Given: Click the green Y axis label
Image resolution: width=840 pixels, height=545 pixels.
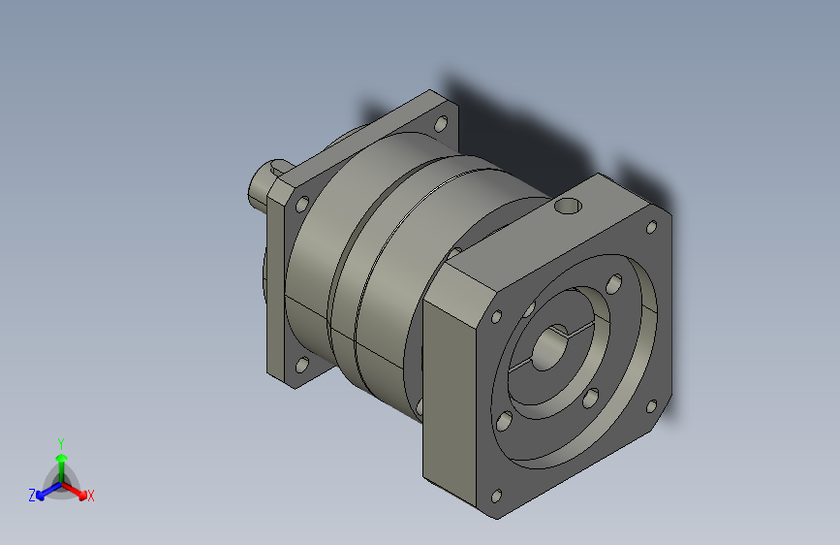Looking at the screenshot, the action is click(x=60, y=444).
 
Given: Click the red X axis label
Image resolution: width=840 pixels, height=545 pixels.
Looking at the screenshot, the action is click(x=90, y=497).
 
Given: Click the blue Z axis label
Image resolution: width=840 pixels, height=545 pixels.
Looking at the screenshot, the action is click(x=32, y=496).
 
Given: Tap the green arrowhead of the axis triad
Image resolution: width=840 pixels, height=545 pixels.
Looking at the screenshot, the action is click(x=62, y=458).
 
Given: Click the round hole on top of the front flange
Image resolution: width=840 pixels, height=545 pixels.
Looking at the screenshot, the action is click(x=568, y=206).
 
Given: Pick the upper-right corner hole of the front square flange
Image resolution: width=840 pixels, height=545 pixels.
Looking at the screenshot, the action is click(x=651, y=228).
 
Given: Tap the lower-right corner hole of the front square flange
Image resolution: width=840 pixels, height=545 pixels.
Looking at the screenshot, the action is click(x=651, y=406).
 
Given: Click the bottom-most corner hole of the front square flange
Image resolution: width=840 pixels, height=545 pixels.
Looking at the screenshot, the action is click(x=497, y=497).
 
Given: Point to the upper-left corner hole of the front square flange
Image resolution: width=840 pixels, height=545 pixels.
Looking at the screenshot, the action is click(x=497, y=317).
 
